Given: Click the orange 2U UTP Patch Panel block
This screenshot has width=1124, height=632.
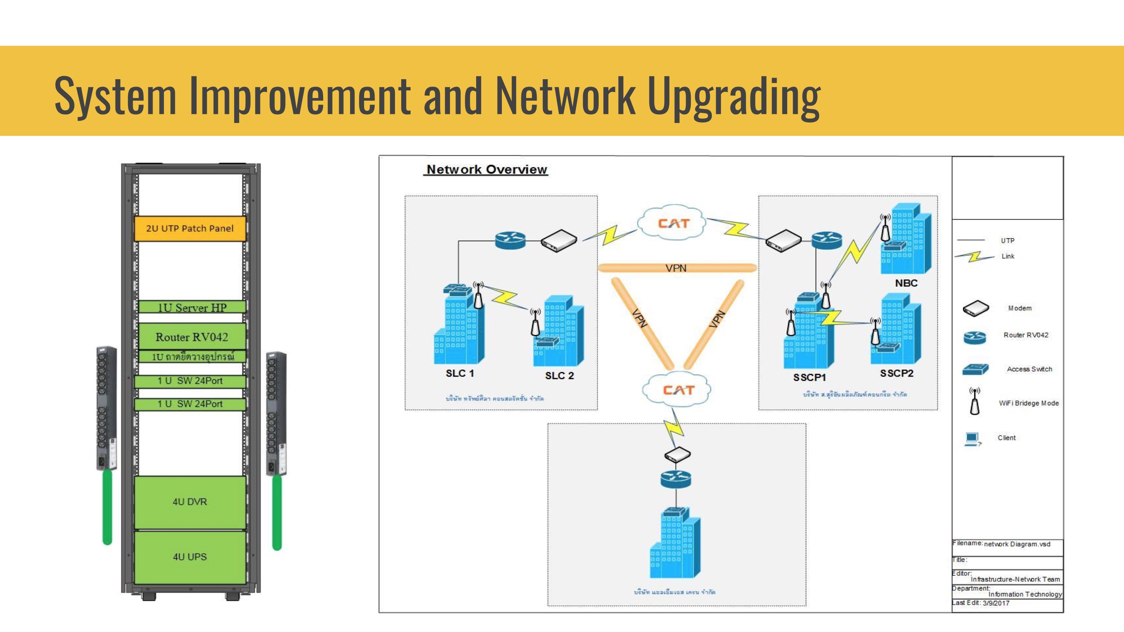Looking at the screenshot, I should point(190,228).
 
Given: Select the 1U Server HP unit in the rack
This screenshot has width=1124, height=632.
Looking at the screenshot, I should point(192,307).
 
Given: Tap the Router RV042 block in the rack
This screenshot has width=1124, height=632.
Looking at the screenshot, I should point(192,337).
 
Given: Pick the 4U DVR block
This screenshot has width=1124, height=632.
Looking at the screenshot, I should point(190,502).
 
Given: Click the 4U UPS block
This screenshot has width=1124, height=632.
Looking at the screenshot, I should point(190,557).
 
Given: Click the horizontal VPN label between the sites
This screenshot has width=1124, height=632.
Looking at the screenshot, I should point(676,268).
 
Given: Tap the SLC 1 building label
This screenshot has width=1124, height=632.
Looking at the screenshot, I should point(459,373).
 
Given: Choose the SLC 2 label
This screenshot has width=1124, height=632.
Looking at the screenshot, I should point(559,376).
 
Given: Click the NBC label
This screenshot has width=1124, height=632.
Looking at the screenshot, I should point(906,283).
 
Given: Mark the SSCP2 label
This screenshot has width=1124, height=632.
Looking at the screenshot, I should point(897,373).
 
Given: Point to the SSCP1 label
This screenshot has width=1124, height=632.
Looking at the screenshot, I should point(809,377).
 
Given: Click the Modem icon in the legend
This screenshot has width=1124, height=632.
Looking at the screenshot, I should point(976,308).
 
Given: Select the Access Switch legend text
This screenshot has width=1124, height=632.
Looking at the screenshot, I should point(1029,369).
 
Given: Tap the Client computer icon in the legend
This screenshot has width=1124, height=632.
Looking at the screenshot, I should point(973,438).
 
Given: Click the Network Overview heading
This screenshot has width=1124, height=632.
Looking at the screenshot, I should point(487,169).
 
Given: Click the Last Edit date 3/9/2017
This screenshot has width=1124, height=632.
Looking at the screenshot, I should point(996,603).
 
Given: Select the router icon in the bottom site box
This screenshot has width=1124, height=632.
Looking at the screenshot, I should point(676,479).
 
